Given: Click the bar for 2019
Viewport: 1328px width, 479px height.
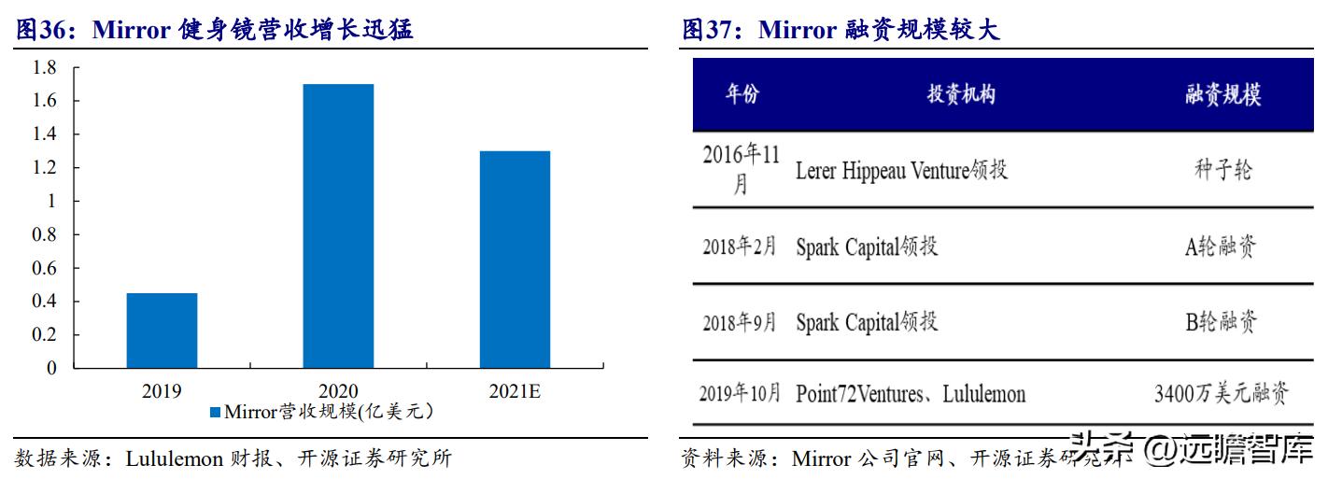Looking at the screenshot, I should pos(162,331).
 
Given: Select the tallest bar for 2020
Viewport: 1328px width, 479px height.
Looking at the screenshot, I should pos(338,226).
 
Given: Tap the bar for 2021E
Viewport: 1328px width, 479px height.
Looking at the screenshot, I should pos(515,260).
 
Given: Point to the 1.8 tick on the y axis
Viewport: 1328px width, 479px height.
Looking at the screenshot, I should pos(44,67).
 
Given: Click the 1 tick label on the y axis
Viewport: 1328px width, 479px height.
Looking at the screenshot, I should pos(52,201).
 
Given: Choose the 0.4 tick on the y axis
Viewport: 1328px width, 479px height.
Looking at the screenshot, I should pos(44,302).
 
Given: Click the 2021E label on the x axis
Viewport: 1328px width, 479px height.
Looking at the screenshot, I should pos(515,391).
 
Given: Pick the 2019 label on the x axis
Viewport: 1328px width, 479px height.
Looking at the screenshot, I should pos(162,391).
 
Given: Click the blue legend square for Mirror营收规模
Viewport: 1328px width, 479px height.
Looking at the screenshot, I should pos(215,412).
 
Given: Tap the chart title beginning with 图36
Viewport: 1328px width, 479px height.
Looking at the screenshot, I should pos(215,30).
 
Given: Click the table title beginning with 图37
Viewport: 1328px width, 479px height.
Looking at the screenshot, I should pos(841,30).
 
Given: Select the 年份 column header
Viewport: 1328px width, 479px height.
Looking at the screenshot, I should pos(742,94).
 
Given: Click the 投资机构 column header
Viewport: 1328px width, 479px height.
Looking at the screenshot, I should pos(961,94).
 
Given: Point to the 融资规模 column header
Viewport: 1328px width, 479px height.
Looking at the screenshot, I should pos(1222,94).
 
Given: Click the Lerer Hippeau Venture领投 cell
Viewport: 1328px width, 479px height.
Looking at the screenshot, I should pos(901,170).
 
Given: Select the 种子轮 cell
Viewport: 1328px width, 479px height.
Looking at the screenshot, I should pos(1222,170).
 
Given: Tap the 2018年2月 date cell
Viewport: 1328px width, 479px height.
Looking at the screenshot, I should pos(740,247).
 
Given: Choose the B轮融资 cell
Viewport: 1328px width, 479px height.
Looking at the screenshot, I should pos(1222,322).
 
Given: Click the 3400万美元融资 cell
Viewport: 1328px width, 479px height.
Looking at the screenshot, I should pos(1222,394).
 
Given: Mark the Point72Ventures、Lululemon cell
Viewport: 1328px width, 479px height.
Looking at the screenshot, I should pos(911,394).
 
